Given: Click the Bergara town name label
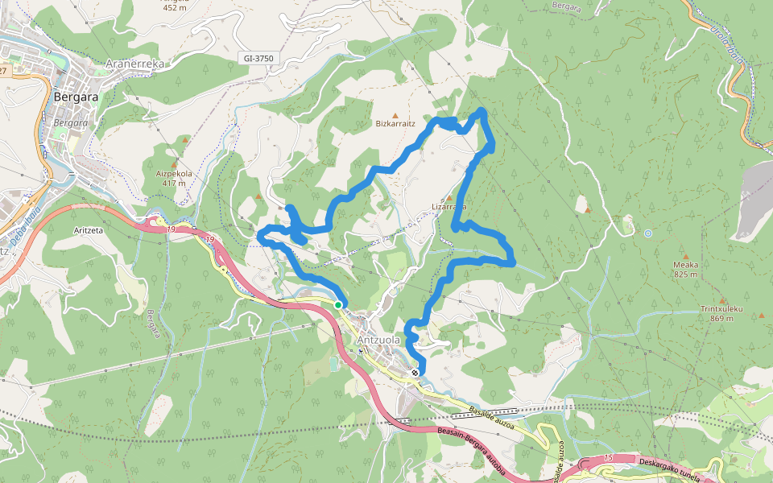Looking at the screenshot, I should click(x=76, y=97).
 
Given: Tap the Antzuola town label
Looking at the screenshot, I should click(x=378, y=340).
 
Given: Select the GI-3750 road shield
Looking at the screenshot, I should click(x=258, y=58).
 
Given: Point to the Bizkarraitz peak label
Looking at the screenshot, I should click(x=395, y=124).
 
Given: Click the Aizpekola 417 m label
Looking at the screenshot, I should click(x=174, y=177).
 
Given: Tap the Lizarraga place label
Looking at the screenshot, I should click(x=449, y=206).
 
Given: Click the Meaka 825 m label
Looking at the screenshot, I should click(x=686, y=269).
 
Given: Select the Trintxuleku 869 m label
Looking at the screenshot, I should click(x=721, y=313).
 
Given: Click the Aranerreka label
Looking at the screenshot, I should click(x=135, y=64).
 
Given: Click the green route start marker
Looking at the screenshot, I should click(x=338, y=304).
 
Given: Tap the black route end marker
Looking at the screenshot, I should click(x=414, y=373).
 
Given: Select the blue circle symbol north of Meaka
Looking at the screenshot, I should click(x=647, y=233).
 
